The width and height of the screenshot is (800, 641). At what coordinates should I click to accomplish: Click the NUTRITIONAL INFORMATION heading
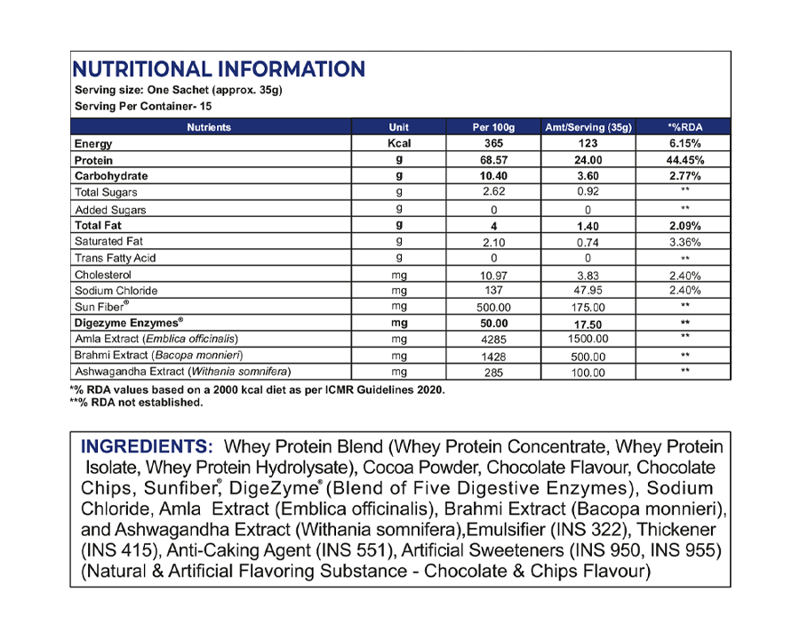[218, 69]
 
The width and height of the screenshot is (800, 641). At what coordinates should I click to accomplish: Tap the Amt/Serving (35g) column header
[587, 127]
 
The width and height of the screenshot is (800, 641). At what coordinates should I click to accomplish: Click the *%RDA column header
[684, 127]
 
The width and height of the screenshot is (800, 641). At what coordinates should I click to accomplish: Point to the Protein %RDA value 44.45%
[684, 160]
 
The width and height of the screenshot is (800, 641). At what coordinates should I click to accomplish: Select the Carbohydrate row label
[111, 176]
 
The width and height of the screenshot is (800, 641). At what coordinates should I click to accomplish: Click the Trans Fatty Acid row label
[116, 258]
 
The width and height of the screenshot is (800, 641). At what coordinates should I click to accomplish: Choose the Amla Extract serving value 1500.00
[587, 340]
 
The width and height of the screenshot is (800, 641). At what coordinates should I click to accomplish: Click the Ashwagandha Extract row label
[183, 372]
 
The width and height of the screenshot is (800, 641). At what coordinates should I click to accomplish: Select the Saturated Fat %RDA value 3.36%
[684, 242]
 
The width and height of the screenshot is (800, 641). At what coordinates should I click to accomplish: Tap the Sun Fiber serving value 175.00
[587, 307]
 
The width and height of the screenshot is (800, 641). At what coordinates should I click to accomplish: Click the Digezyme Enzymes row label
[130, 323]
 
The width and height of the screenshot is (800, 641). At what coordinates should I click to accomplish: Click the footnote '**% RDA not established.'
[136, 402]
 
